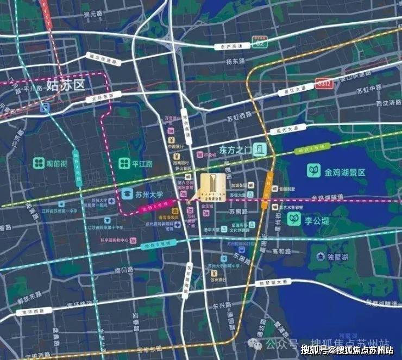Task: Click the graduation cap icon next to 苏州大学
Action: (x=127, y=194)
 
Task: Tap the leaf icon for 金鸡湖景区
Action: (x=314, y=172)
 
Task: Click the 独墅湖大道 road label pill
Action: (x=273, y=283)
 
